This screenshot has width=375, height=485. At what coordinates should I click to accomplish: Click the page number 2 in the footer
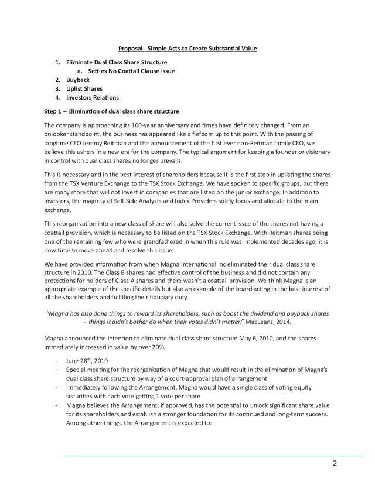335,464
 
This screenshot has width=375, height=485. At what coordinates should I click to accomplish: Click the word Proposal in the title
133,47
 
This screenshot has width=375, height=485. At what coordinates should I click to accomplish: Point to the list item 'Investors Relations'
93,97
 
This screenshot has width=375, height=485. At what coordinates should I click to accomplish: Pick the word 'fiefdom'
202,134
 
